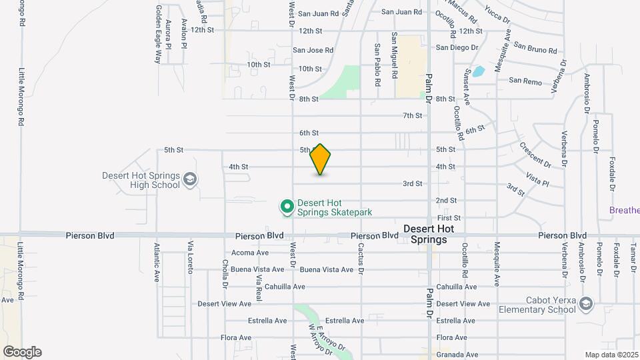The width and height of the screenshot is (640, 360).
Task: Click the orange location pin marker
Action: click(x=321, y=159)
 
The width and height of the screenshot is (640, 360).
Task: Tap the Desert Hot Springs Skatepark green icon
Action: click(x=287, y=207)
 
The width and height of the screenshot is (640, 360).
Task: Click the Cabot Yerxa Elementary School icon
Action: click(x=585, y=304)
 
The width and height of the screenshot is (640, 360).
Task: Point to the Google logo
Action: click(x=22, y=352)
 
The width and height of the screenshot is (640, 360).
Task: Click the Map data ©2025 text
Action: click(x=611, y=355)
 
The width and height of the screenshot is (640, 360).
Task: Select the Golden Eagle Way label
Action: click(x=159, y=34)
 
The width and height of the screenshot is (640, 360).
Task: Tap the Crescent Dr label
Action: click(x=535, y=155)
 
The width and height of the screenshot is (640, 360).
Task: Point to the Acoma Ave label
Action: click(x=249, y=253)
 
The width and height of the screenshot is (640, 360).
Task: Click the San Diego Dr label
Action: click(x=457, y=47)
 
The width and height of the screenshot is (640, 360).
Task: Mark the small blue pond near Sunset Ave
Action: click(x=478, y=72)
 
